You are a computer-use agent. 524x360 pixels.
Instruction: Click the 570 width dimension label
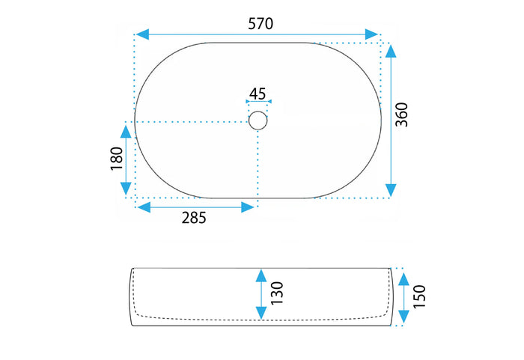(261, 24)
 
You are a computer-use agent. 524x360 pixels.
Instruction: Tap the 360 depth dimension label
(402, 115)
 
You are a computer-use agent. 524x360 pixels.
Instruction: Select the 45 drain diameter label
(258, 94)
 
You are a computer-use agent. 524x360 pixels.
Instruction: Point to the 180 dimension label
(117, 159)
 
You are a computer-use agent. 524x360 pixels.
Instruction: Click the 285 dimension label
(194, 218)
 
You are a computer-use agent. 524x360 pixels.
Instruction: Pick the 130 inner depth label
(277, 293)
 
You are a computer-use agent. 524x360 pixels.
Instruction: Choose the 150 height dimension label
(419, 296)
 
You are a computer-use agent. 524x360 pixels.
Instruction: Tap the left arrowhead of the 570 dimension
(142, 34)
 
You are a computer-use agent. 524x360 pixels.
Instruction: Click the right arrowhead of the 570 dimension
(371, 34)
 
